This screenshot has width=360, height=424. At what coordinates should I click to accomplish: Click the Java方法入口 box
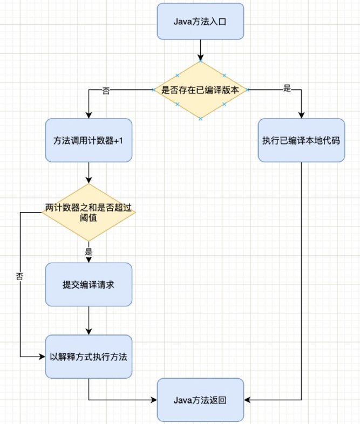(x=200, y=21)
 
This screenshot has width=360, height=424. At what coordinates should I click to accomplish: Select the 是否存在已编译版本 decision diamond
(x=200, y=90)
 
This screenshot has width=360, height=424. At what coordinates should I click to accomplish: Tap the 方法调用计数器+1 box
(x=89, y=140)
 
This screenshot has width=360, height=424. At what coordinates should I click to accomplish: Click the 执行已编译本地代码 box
(x=301, y=140)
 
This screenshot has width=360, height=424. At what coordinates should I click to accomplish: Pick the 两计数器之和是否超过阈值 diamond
(x=89, y=212)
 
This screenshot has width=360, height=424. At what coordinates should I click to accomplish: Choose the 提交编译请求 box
(x=89, y=284)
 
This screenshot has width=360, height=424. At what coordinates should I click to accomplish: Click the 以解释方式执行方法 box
(x=89, y=357)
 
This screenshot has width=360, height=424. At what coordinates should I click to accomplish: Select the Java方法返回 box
(x=200, y=400)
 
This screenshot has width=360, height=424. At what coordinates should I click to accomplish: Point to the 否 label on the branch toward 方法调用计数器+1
(x=106, y=91)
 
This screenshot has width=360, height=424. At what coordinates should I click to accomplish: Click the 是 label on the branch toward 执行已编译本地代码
(x=287, y=88)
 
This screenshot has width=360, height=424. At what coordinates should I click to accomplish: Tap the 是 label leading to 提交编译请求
(x=89, y=251)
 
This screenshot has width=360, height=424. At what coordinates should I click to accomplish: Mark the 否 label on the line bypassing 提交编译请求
(x=20, y=276)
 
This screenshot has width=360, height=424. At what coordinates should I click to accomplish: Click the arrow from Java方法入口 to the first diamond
(x=200, y=50)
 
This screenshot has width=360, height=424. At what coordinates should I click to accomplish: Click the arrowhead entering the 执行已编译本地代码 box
(x=301, y=114)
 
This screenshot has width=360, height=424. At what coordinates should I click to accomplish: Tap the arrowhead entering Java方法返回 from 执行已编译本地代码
(x=248, y=400)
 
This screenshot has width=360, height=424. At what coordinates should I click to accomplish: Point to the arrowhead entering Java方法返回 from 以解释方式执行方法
(x=153, y=400)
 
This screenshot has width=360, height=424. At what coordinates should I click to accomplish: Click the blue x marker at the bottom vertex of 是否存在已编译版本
(x=200, y=118)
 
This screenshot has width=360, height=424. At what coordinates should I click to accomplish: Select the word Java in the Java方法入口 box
(x=182, y=21)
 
